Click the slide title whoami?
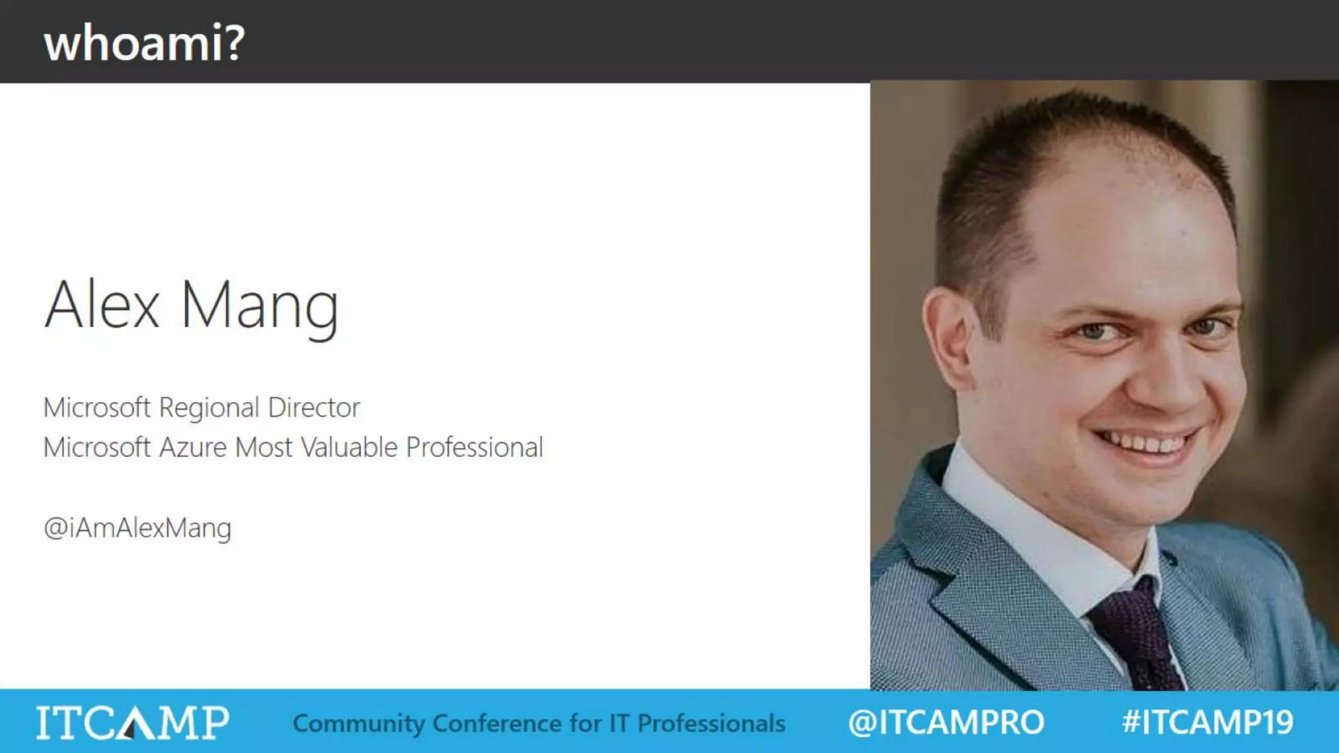[144, 43]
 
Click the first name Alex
[102, 305]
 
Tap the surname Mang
[259, 306]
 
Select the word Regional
[209, 409]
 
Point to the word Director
[314, 408]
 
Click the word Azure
[193, 448]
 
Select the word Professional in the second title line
[474, 448]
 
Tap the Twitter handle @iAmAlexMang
[137, 528]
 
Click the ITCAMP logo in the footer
[133, 722]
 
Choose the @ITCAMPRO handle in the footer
[946, 722]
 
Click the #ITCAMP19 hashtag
[1208, 722]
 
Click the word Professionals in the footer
[711, 724]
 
